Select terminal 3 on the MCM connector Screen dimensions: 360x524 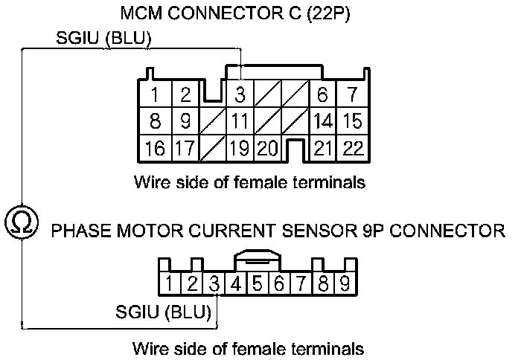(240, 95)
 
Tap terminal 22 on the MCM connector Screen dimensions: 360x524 (353, 148)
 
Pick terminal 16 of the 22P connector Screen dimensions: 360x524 (155, 148)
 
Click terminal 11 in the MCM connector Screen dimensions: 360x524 (240, 121)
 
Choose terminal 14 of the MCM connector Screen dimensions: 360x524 (323, 121)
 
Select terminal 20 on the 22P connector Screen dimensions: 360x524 (267, 148)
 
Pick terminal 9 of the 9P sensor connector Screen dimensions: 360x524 (345, 283)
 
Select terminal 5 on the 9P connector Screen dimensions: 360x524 (258, 283)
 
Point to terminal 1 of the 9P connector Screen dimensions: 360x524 (170, 283)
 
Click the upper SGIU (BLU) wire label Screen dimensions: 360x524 (104, 39)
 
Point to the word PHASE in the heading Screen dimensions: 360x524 (77, 231)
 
